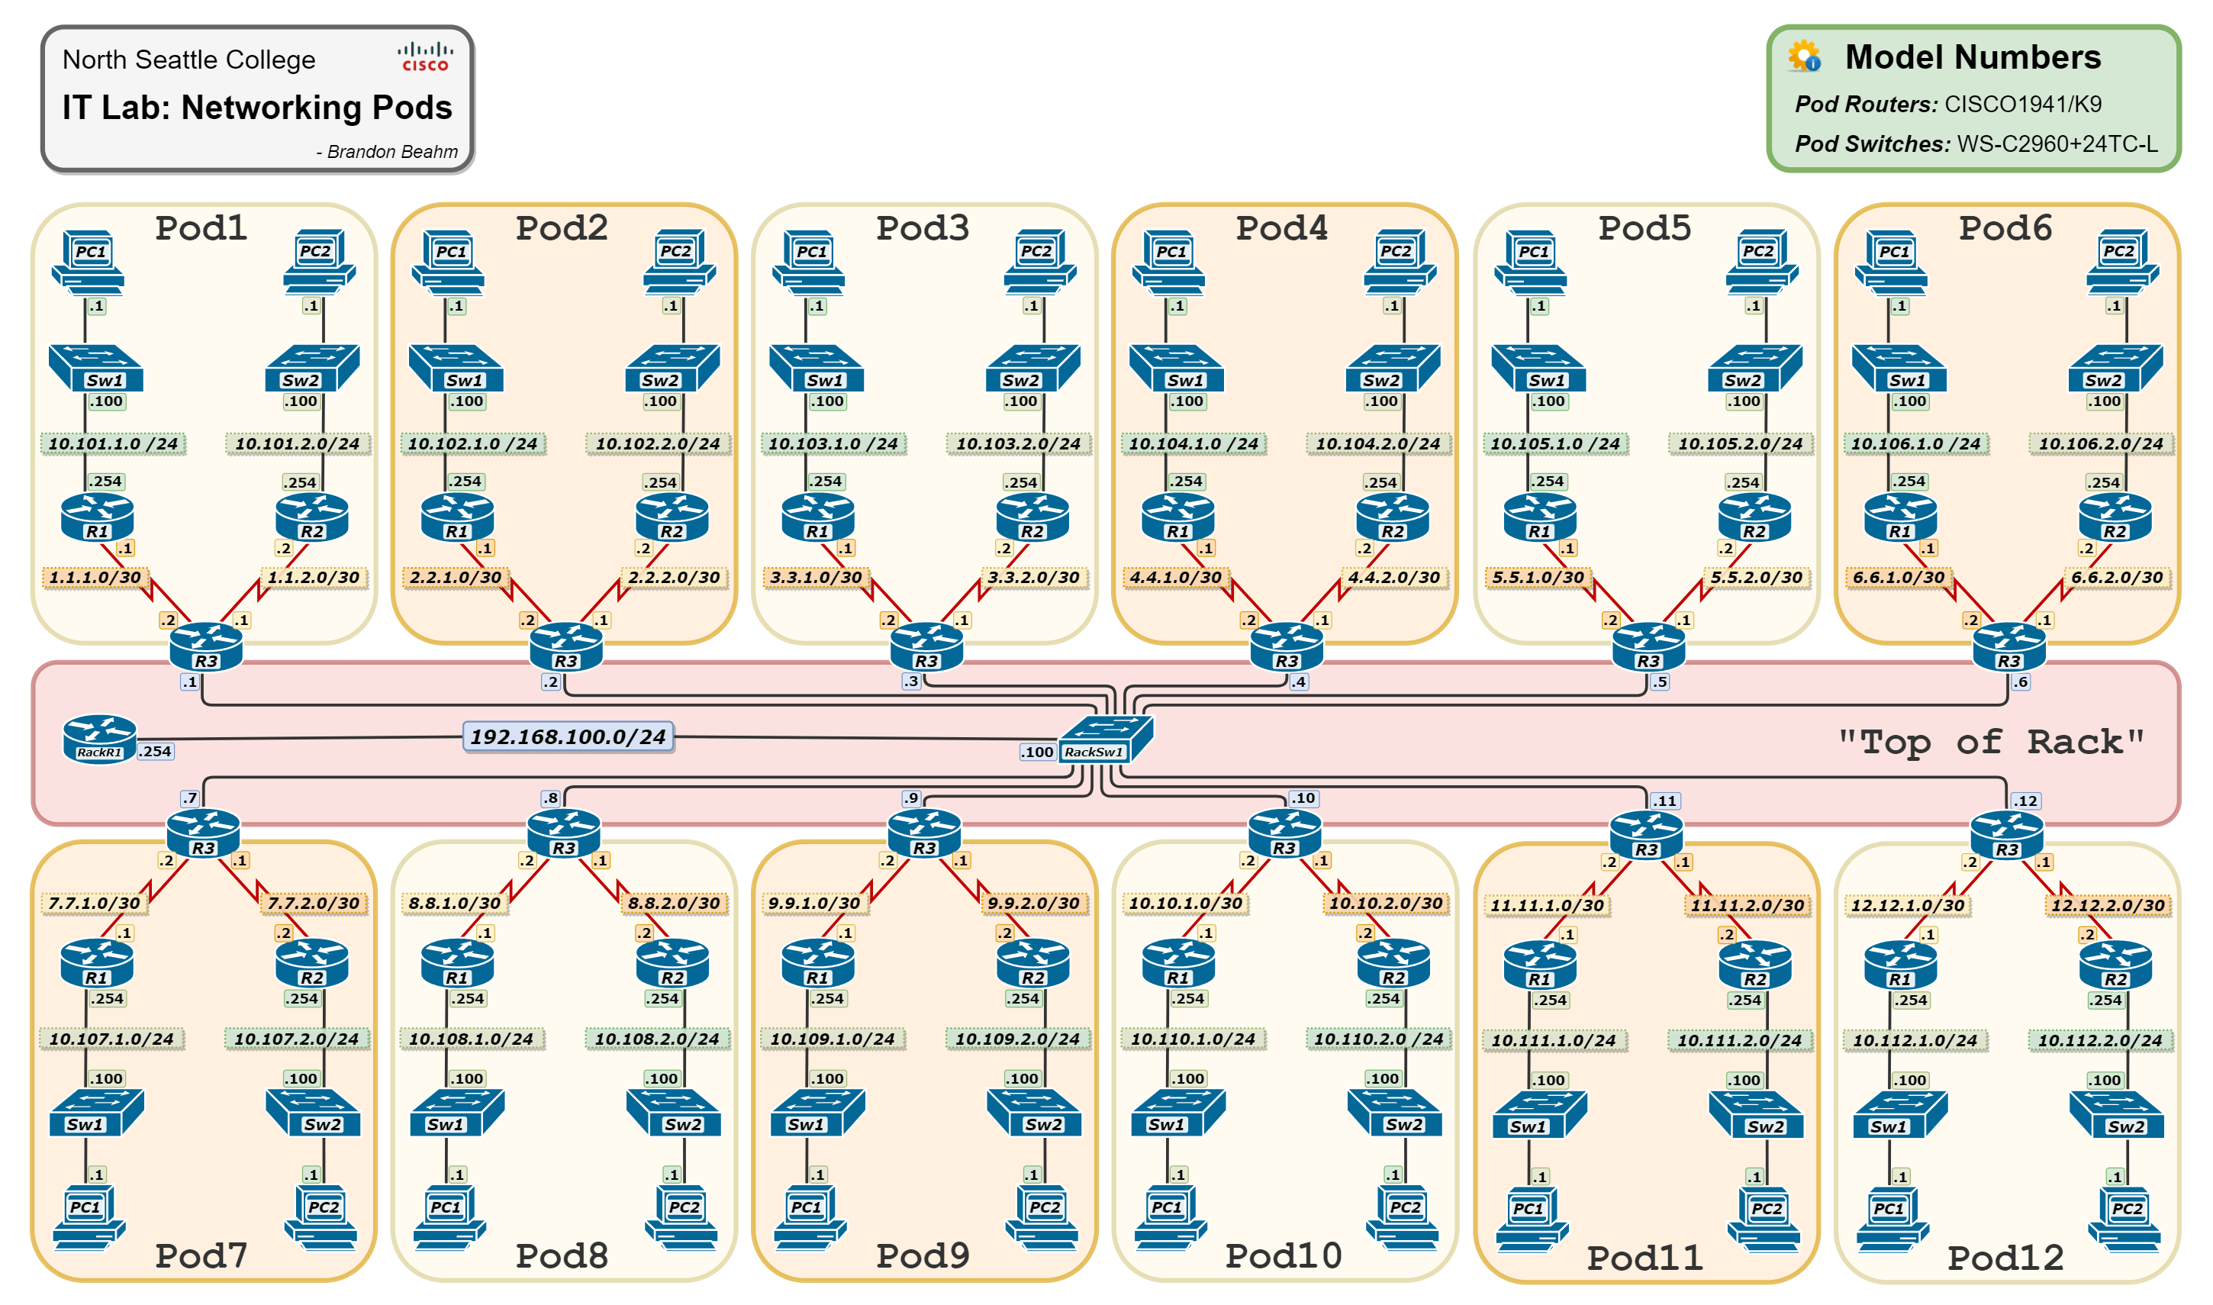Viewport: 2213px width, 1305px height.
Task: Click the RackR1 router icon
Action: (x=99, y=738)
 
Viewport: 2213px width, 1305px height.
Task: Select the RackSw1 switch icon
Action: (x=1105, y=738)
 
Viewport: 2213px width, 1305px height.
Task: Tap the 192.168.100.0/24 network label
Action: (x=568, y=737)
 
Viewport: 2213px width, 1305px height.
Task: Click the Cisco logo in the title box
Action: (x=426, y=57)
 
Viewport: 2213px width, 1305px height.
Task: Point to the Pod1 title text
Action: (x=201, y=229)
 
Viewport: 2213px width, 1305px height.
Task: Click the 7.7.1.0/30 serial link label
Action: (x=94, y=903)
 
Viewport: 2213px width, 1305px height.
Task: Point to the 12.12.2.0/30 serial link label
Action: (x=2108, y=905)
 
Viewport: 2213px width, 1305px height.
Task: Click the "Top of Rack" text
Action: (x=1991, y=743)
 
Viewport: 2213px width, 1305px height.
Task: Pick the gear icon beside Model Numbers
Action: (x=1804, y=57)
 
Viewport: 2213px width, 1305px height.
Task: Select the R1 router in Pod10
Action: (x=1178, y=964)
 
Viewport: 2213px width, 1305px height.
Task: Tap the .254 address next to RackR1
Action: (x=156, y=752)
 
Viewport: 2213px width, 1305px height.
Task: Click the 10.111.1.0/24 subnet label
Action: (x=1554, y=1040)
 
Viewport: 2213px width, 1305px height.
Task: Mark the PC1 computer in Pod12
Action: (x=1891, y=1218)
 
